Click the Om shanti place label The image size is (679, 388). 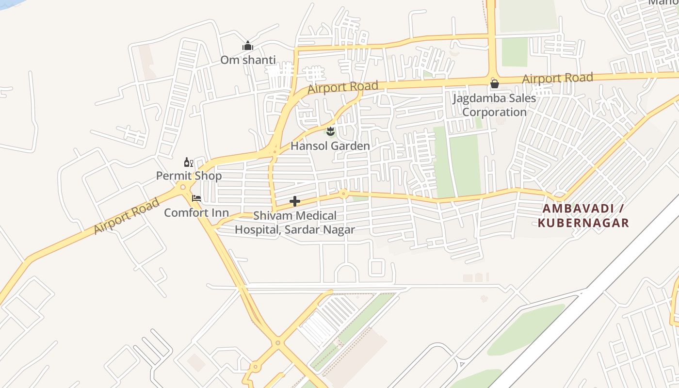tap(248, 60)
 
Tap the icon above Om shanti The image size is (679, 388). tap(248, 46)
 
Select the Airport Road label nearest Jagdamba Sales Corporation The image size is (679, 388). tap(557, 78)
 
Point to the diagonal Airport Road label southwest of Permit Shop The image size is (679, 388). tap(127, 216)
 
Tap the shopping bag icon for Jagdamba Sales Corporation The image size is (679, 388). tap(494, 84)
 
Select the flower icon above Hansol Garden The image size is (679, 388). tap(330, 131)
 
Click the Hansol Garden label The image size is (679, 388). tap(330, 146)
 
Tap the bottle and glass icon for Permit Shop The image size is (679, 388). tap(188, 162)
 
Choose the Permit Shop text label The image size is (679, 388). tap(189, 176)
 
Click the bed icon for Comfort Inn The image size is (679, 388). tap(196, 198)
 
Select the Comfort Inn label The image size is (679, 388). tap(196, 213)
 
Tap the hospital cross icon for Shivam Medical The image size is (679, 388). tap(294, 201)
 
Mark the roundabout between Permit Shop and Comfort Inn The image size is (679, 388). tap(183, 187)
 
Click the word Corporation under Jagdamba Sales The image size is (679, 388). tap(494, 113)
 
